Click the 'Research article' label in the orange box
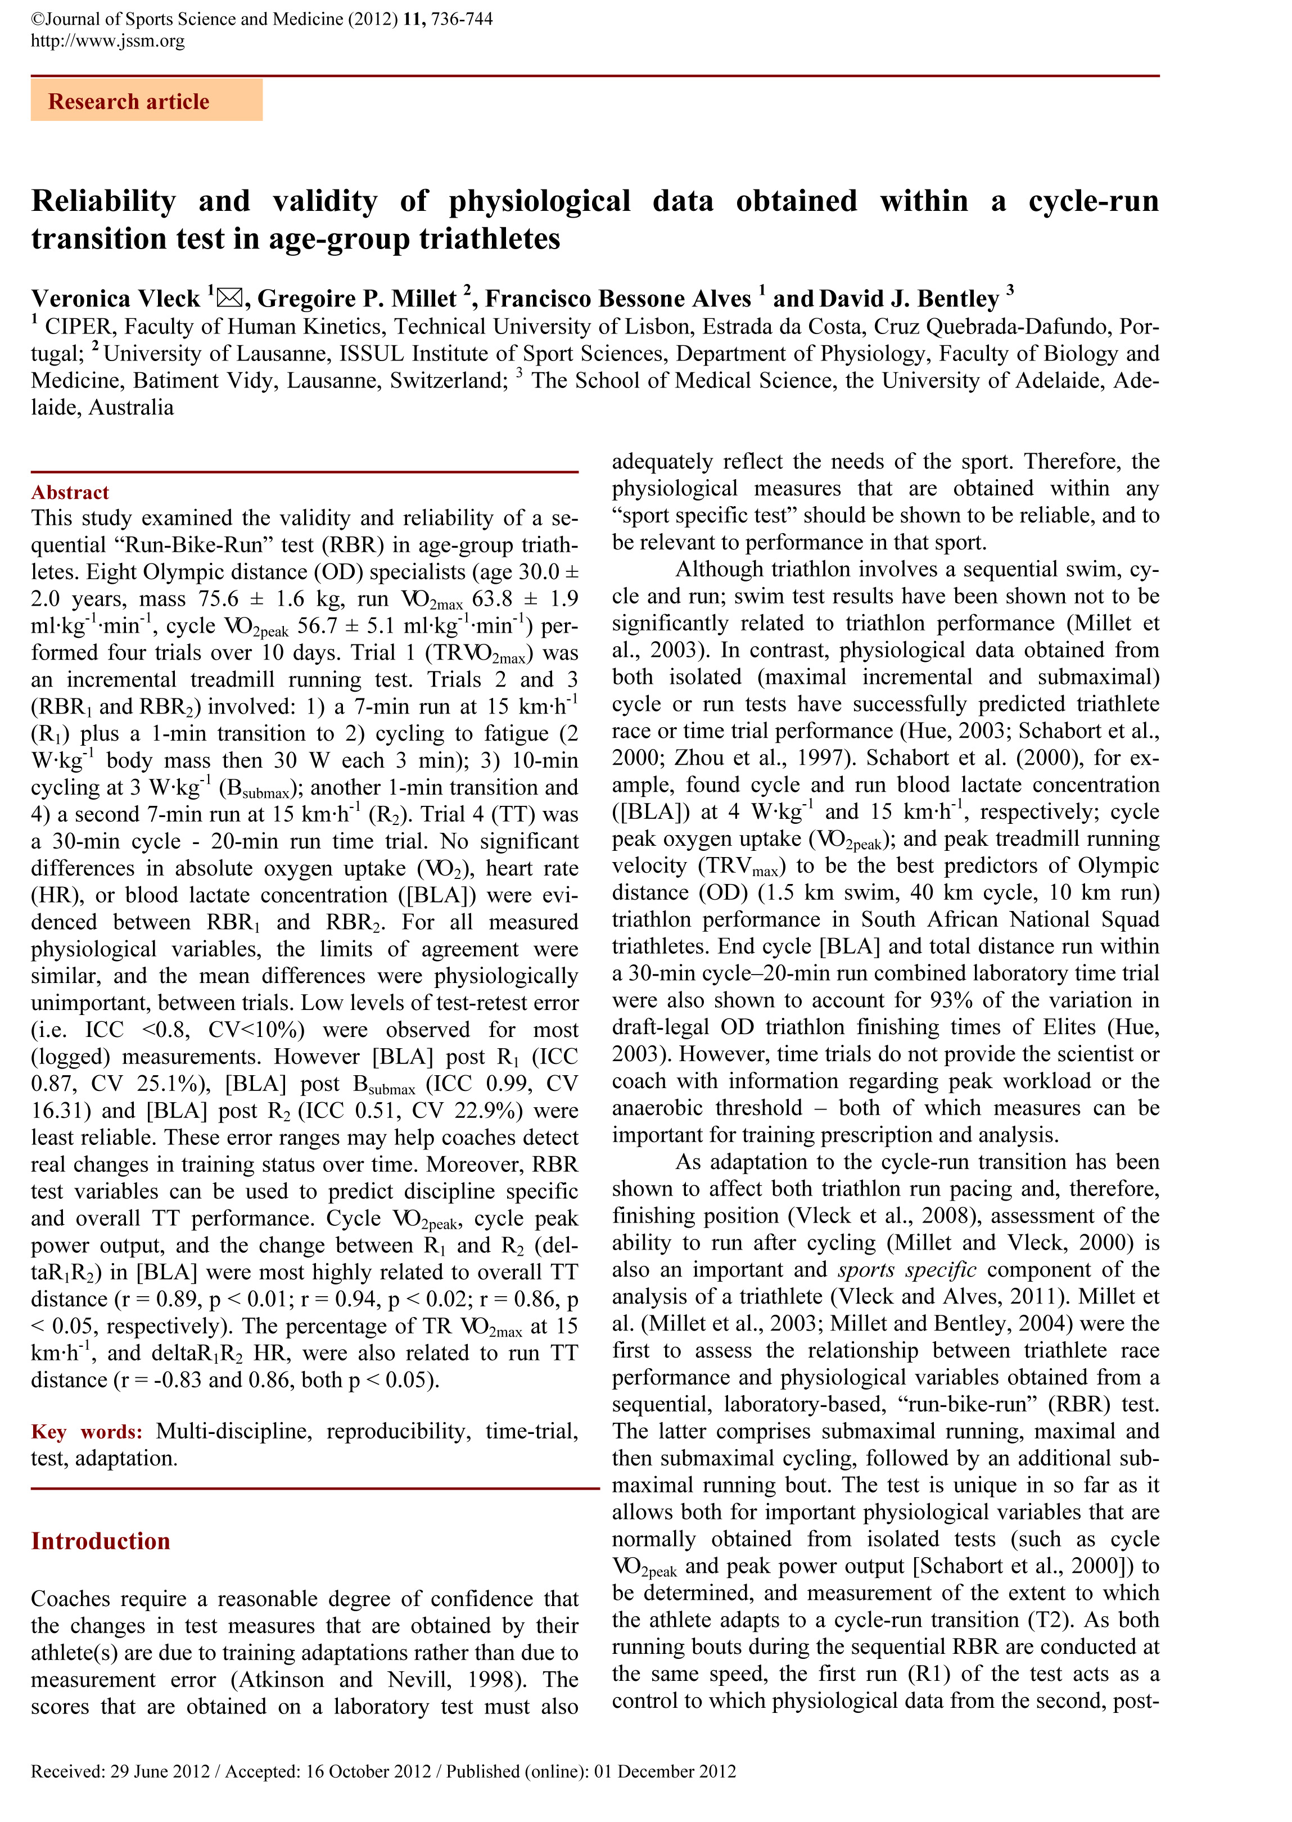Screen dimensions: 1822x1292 (129, 102)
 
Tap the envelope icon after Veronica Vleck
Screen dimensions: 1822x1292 (229, 297)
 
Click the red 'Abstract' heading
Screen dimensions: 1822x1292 (70, 493)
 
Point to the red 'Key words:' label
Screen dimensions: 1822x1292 (87, 1431)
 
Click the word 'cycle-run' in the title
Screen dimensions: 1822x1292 (1093, 201)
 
